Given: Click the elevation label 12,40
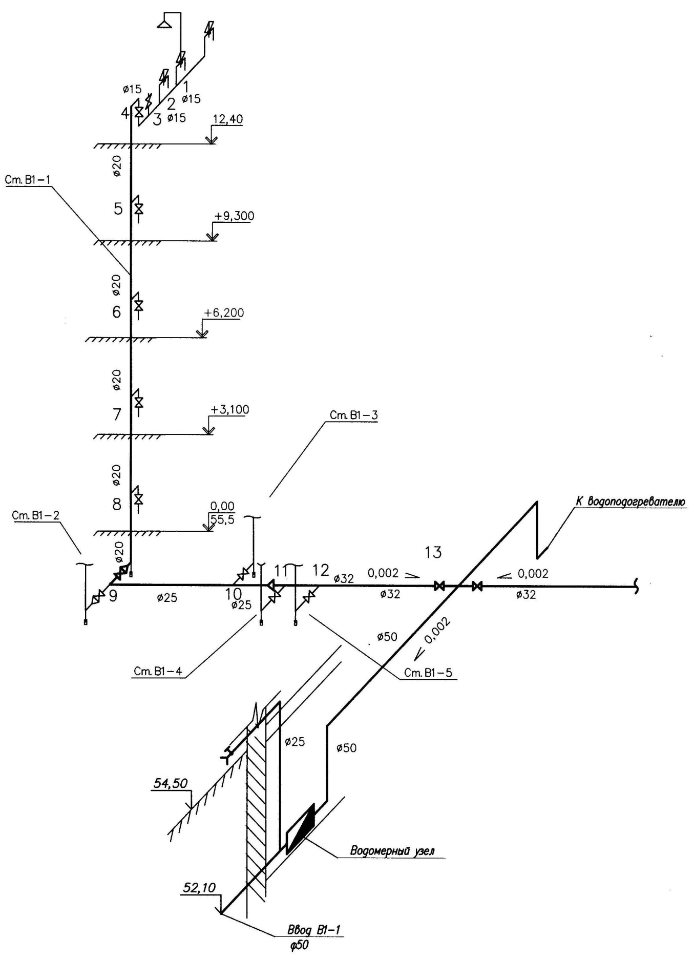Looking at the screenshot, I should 228,120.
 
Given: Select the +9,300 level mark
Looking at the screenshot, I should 234,216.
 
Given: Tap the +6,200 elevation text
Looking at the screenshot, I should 223,312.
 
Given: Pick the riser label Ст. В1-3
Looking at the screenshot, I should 353,415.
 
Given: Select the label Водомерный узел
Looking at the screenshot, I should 392,851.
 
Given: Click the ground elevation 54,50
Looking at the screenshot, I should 171,783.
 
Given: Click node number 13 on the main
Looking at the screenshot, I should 433,552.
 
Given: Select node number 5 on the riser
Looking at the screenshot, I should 118,209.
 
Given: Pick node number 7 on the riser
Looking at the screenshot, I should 117,413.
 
